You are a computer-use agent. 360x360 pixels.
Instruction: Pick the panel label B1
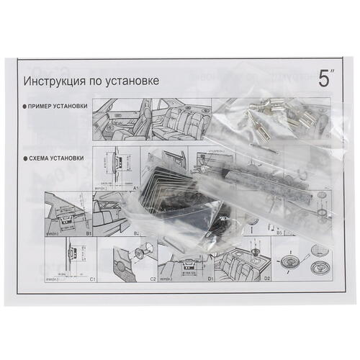tap(90, 234)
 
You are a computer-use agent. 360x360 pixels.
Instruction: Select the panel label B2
tap(135, 234)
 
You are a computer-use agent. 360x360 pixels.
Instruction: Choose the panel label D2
tap(266, 276)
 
